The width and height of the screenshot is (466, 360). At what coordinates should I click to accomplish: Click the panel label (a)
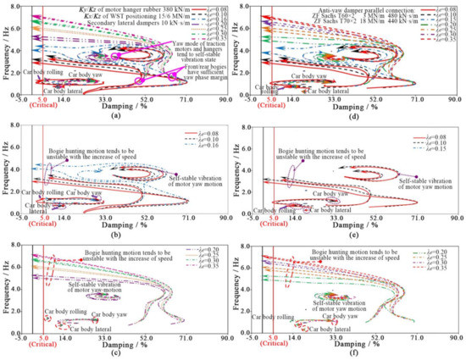(117, 115)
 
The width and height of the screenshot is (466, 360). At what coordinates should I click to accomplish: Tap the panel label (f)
(351, 355)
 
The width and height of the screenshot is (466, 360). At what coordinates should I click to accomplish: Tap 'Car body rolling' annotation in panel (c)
(44, 311)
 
